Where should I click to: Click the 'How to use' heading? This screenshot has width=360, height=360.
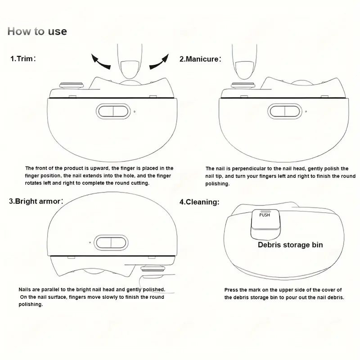point(37,31)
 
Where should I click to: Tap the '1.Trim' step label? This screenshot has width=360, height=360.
point(23,58)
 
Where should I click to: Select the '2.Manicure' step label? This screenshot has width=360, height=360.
point(200,59)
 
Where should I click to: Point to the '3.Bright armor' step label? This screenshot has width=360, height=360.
point(36,201)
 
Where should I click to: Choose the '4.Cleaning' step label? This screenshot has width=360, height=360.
point(199,202)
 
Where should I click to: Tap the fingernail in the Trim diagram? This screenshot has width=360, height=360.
point(130,70)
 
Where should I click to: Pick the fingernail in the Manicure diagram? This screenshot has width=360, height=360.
point(244,70)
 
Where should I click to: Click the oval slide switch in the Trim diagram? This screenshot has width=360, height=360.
point(113,111)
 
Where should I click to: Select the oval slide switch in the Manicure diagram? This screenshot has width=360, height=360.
point(285,111)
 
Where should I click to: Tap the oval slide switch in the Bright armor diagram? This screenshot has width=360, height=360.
point(111,243)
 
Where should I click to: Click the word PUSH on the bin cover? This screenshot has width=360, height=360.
point(265,215)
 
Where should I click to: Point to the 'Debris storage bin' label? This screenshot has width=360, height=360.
point(290,245)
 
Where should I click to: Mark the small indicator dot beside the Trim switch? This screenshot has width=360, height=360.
point(134,112)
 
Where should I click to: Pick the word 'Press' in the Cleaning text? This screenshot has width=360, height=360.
point(231,290)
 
